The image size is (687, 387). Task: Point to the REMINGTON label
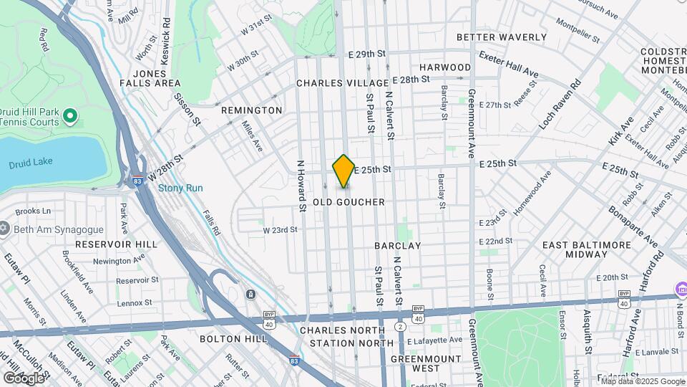coord(251,110)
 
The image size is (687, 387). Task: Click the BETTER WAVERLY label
coord(501,37)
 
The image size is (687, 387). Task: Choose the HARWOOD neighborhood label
coord(445,67)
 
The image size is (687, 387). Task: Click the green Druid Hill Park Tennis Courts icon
coord(70,115)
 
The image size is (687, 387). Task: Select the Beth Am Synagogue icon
coord(4,229)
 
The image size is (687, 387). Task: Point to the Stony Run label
coord(180,188)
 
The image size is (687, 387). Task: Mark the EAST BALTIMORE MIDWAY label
coord(587,250)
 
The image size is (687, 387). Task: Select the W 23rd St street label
coord(280,231)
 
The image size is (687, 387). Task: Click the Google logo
coord(24,377)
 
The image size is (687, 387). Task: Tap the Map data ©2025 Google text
coord(642,381)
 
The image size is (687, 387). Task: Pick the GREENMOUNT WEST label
coord(425,363)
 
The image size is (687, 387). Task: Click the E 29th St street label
coord(367,54)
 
